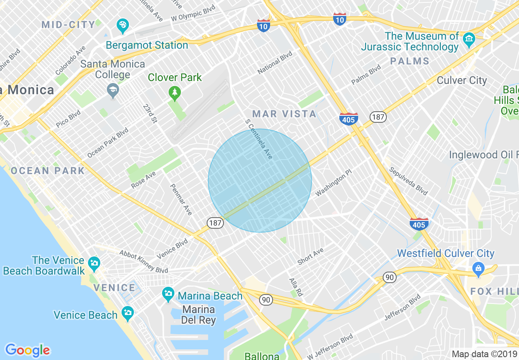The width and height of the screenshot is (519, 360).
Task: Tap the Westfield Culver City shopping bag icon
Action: coord(478,269)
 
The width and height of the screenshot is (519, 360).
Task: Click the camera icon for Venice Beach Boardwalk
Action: coord(94,263)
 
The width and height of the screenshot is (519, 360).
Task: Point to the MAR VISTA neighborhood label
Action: coord(284,114)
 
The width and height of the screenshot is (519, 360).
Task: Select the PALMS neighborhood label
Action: coord(409,61)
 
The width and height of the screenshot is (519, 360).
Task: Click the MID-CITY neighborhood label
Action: coord(68,25)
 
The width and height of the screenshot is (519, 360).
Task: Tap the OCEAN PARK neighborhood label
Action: coord(48,171)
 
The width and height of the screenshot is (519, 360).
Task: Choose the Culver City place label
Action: coord(462,80)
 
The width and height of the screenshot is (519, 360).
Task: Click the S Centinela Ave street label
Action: coord(259,139)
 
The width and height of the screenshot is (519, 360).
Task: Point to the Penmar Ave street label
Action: coord(181,199)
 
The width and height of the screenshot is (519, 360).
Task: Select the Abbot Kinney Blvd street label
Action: coord(144,261)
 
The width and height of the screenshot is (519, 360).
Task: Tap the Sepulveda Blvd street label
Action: coord(408,181)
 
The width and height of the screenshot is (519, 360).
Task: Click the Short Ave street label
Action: coord(311,256)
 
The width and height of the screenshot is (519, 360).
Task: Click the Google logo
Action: coord(27,350)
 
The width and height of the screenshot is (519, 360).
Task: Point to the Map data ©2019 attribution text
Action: coord(484,354)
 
